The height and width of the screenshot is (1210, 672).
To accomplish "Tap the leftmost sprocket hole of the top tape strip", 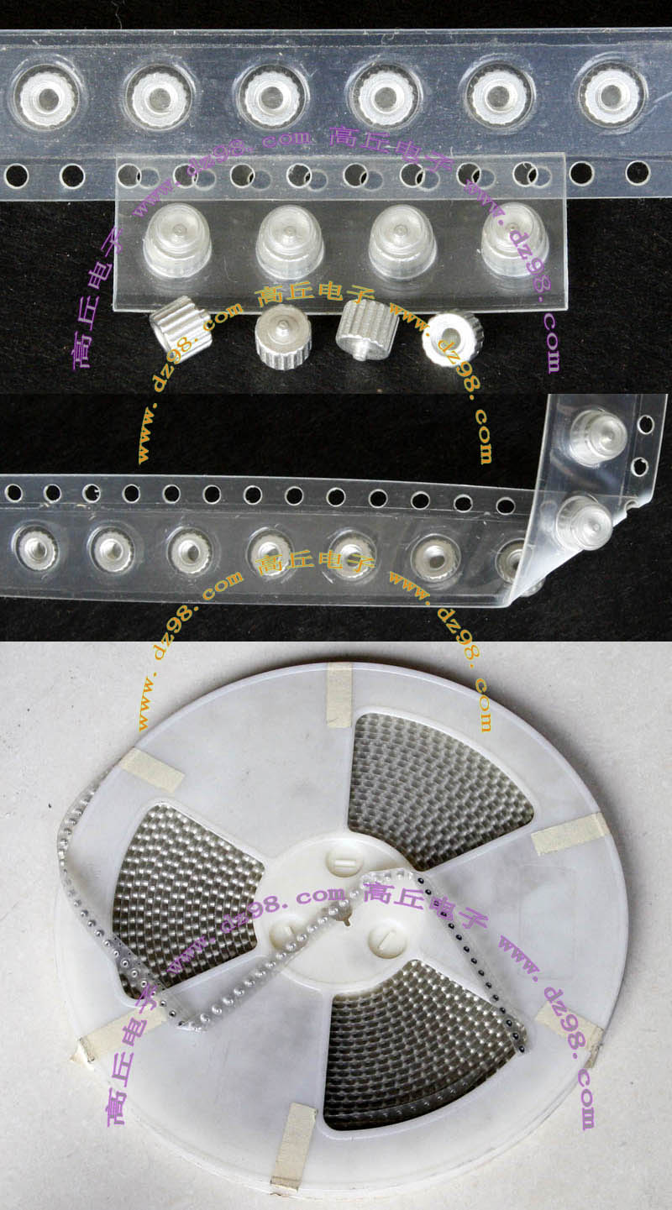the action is (16, 176).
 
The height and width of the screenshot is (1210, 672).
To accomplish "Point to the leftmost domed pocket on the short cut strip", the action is (177, 239).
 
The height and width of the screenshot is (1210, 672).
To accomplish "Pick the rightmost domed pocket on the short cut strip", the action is (515, 239).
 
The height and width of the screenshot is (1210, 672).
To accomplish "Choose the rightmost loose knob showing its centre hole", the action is (452, 338).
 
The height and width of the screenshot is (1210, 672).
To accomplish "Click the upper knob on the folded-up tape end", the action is (598, 437).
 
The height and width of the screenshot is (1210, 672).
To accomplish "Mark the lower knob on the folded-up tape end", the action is (585, 521).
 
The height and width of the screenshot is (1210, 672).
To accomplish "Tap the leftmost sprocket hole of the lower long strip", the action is (13, 493).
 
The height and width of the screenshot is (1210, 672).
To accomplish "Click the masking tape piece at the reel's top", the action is (339, 695).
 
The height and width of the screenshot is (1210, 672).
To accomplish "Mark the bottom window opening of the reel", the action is (422, 1048).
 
